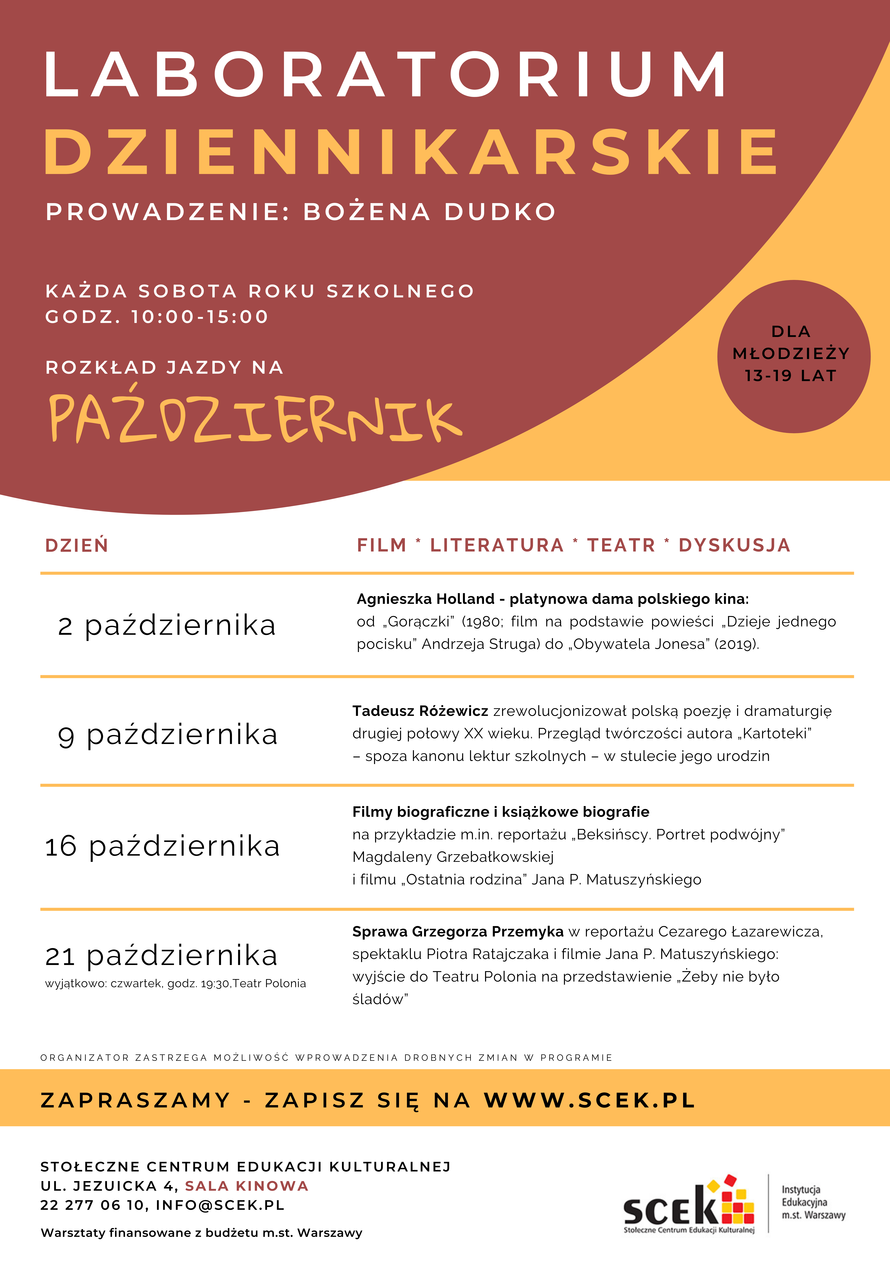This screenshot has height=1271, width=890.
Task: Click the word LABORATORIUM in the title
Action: click(385, 75)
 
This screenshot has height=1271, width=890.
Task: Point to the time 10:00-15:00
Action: click(199, 317)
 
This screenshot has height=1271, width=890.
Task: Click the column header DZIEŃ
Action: click(76, 545)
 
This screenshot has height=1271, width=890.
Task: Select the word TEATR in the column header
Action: click(621, 545)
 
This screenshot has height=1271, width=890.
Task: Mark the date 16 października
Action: click(162, 846)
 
